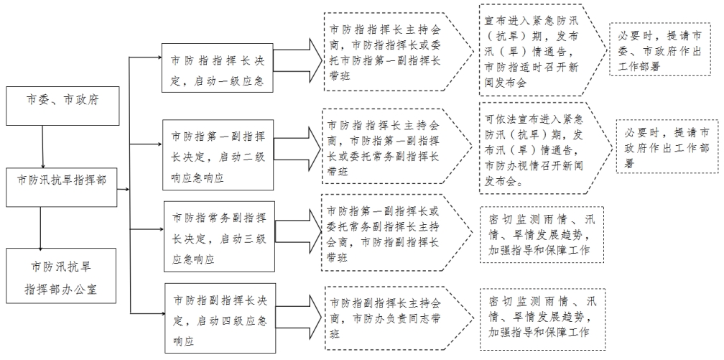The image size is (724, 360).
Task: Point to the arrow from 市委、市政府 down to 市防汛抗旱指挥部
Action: (43, 148)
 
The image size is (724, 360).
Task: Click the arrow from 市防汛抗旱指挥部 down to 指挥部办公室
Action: (43, 229)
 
